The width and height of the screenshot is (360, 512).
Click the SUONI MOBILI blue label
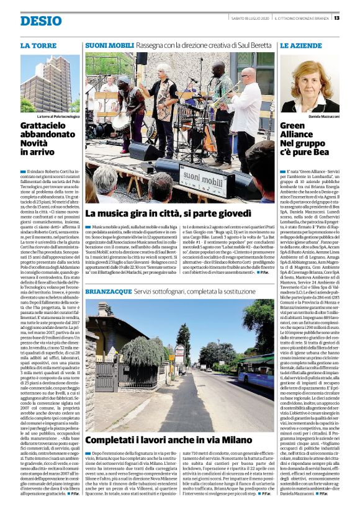(109, 47)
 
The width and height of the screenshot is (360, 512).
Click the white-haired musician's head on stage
(166, 69)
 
